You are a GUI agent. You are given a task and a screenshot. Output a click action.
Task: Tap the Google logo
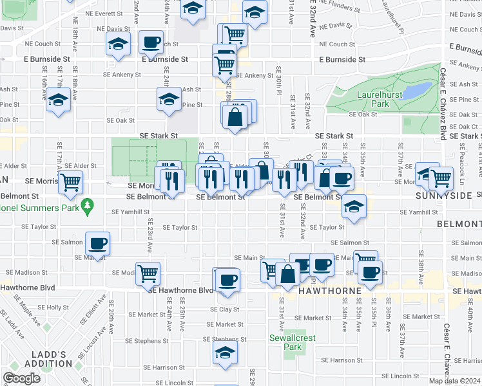tap(22, 378)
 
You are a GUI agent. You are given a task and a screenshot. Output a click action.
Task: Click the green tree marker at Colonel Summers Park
tap(88, 207)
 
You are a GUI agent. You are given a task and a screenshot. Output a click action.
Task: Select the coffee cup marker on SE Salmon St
tap(98, 243)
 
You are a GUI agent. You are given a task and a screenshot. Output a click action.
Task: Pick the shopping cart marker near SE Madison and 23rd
tap(148, 273)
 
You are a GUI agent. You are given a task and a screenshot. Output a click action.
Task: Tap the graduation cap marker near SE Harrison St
tap(225, 353)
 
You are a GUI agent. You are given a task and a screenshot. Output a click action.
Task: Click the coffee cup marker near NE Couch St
tap(151, 42)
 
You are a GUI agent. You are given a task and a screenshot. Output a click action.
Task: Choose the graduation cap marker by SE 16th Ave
tap(59, 101)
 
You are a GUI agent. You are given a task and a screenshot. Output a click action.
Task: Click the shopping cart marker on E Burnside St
tap(224, 64)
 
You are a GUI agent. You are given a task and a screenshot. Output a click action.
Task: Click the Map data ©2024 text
tap(455, 381)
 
